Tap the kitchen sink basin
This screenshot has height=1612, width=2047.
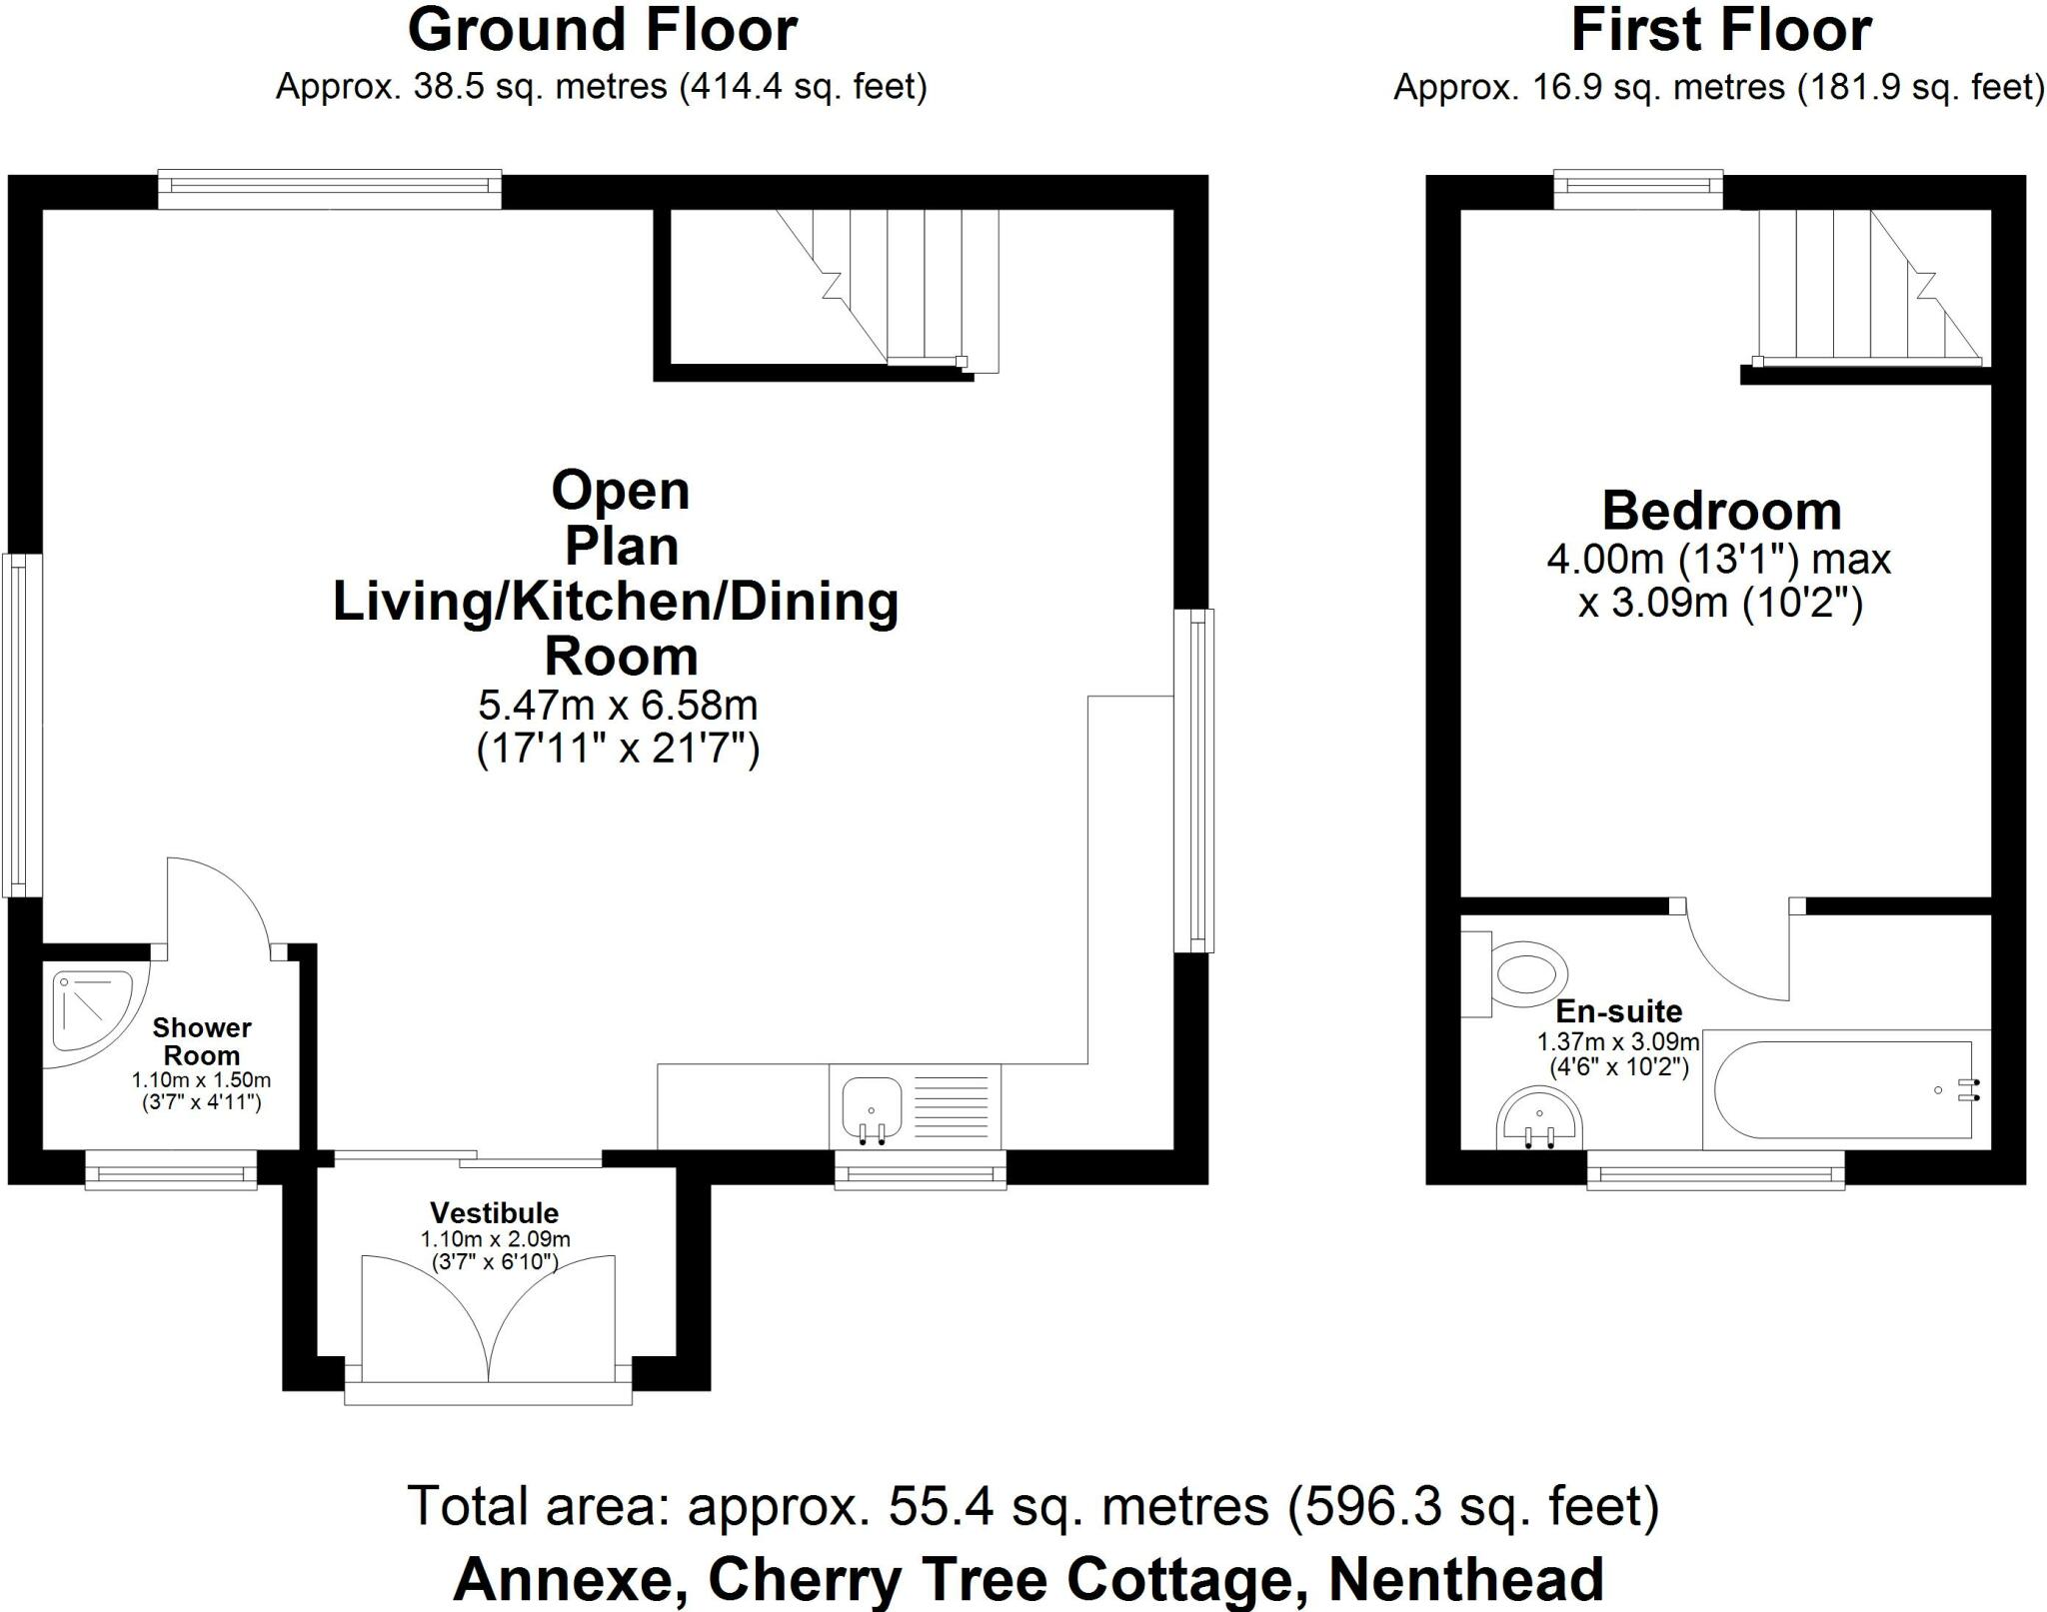click(x=872, y=1108)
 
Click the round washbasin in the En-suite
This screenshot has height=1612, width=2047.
click(x=1540, y=1119)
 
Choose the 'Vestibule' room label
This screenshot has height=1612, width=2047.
click(x=495, y=1213)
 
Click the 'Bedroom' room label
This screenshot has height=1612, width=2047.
click(x=1721, y=511)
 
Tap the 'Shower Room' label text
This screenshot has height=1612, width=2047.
click(x=202, y=1041)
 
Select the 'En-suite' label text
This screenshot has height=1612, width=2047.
click(x=1619, y=1011)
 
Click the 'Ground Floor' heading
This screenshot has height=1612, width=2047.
click(x=603, y=30)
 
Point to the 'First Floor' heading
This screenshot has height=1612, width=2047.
click(x=1721, y=30)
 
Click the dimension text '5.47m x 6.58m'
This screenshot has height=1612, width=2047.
click(x=619, y=707)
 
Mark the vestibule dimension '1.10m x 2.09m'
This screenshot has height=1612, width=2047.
click(x=496, y=1239)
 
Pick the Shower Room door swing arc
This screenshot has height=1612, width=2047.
click(x=236, y=885)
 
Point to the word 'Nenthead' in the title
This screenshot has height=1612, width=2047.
click(x=1466, y=1580)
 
